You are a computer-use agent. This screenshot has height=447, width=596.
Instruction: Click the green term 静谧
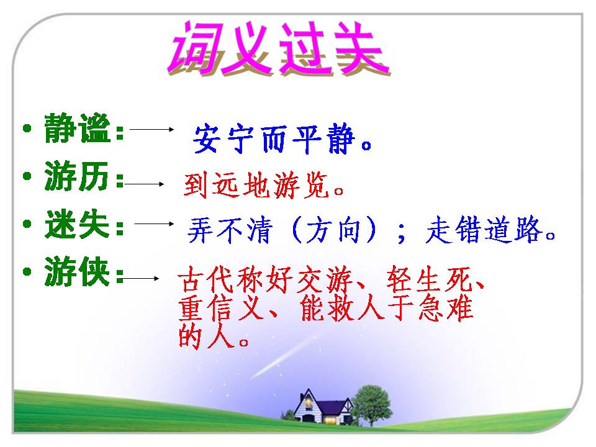77,130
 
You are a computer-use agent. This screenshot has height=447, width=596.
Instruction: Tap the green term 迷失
77,227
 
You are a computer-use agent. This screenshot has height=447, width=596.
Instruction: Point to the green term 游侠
77,273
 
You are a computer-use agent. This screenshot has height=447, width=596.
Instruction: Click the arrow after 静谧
152,130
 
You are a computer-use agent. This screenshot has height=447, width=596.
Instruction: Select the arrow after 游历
144,184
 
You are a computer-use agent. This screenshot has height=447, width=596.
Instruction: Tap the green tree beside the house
371,400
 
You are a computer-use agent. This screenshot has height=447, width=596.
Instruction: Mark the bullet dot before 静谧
26,129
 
